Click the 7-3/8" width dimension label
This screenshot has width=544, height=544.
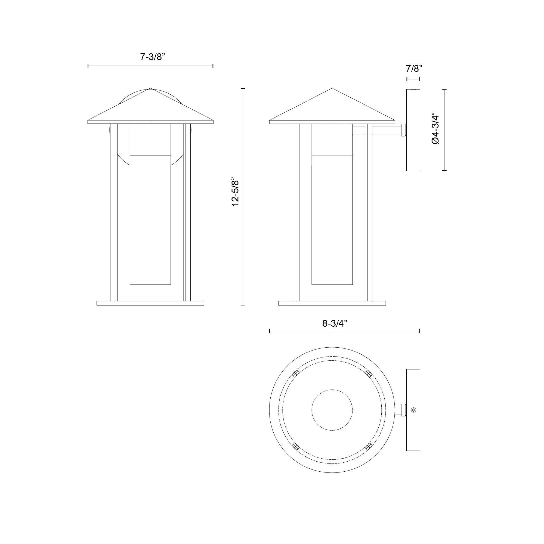click(152, 57)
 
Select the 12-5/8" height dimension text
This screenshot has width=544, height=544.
click(235, 192)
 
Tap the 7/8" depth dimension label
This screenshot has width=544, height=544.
click(414, 69)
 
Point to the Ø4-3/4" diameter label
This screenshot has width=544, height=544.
click(435, 129)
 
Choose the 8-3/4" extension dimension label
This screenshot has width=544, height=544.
click(334, 323)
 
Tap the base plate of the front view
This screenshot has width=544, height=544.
click(150, 303)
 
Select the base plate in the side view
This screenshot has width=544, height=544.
click(332, 303)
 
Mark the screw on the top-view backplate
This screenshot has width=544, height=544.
click(414, 418)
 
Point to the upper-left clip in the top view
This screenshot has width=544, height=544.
click(295, 374)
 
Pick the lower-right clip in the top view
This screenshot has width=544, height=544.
click(369, 446)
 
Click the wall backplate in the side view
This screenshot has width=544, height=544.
click(413, 130)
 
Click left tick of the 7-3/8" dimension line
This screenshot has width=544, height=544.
click(88, 66)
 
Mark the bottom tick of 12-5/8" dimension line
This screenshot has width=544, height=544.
click(243, 305)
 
